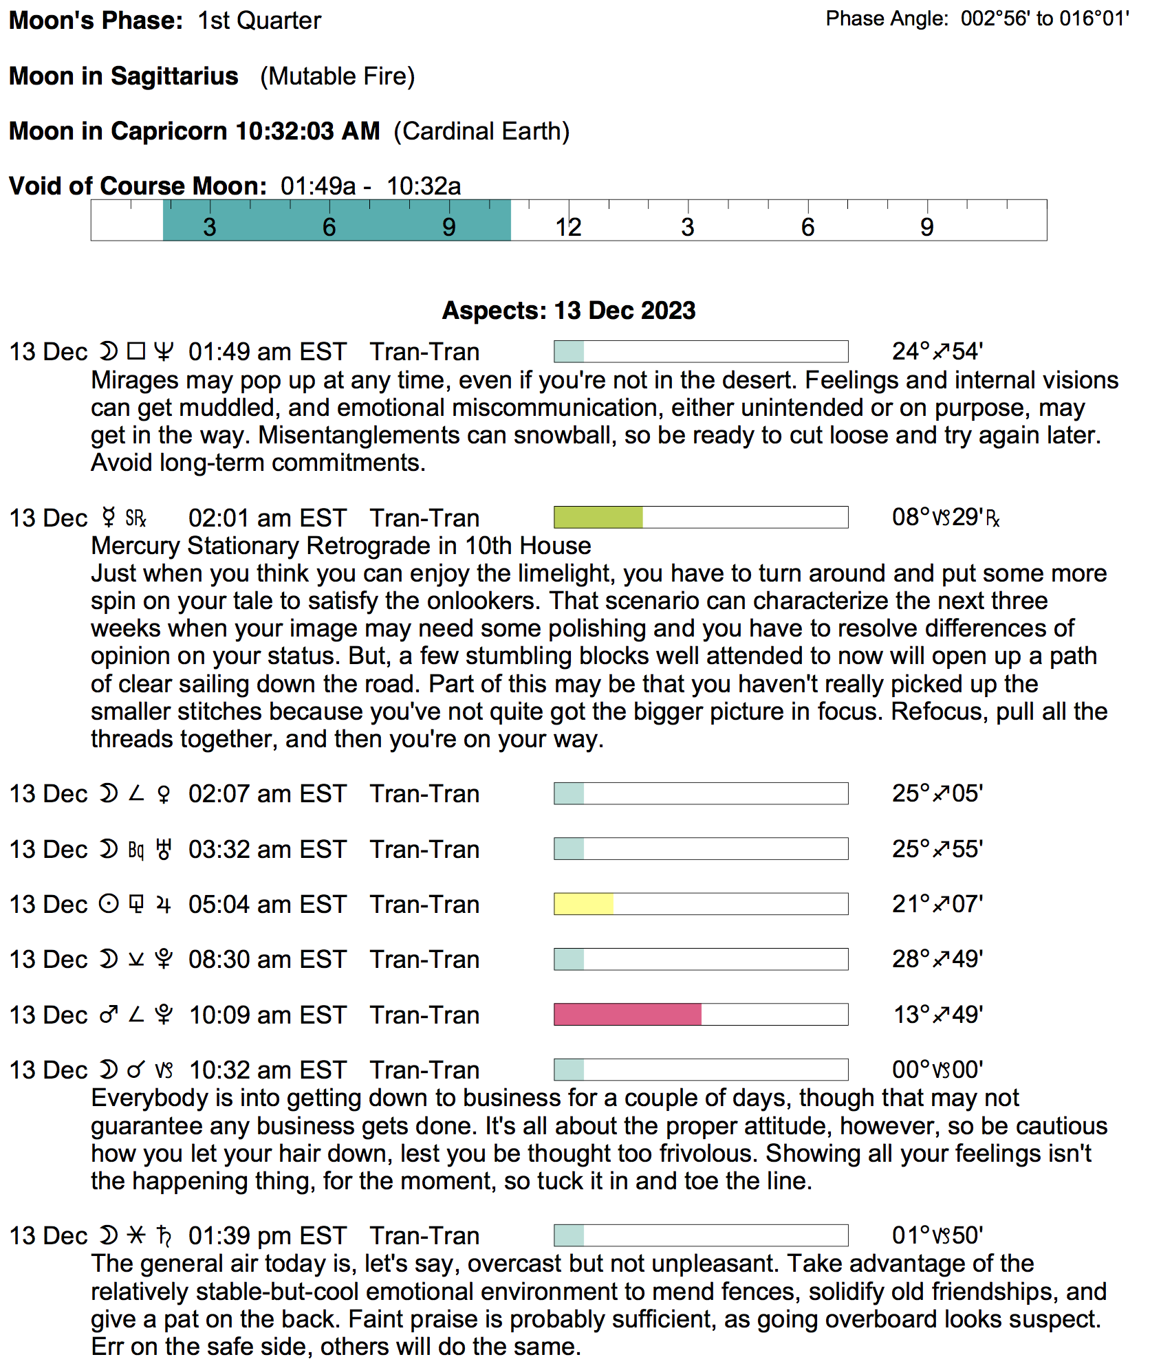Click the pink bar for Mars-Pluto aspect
coord(627,1014)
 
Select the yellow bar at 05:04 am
coord(583,903)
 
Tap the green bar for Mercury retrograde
coord(598,517)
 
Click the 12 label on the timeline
coord(568,228)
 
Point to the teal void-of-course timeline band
coord(336,220)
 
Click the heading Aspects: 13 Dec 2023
coord(569,310)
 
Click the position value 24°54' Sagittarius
coord(937,351)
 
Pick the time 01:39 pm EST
coord(267,1235)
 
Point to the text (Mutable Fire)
coord(337,76)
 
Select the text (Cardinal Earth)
coord(481,131)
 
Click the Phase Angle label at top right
coord(887,19)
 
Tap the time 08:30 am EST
coord(267,959)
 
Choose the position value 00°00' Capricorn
coord(937,1070)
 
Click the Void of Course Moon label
coord(138,186)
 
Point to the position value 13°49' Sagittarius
coord(937,1015)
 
